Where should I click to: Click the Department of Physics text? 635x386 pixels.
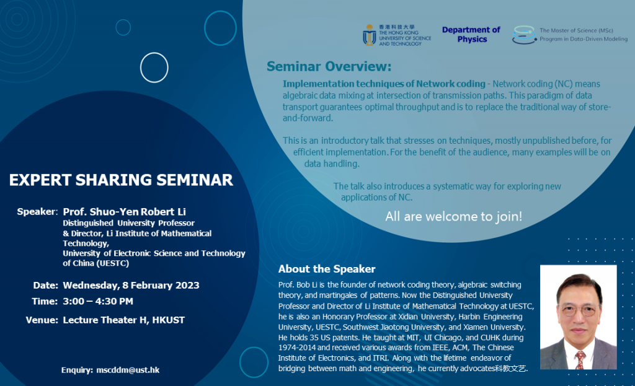pos(471,35)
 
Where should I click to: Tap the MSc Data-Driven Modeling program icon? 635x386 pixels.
pos(524,35)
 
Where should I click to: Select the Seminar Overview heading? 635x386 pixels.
pos(329,66)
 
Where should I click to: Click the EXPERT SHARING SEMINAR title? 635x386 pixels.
pos(121,180)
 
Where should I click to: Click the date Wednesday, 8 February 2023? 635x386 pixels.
pos(131,286)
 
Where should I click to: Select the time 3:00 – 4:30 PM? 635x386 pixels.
pos(98,302)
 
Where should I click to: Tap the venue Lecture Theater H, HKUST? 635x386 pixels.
pos(123,320)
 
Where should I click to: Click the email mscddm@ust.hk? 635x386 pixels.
pos(128,370)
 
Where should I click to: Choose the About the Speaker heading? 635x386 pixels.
pos(327,269)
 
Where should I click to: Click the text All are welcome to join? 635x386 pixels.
pos(453,217)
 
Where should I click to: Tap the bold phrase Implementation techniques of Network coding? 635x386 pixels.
pos(384,84)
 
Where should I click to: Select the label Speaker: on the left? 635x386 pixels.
pos(37,212)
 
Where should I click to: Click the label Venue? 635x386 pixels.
pos(42,320)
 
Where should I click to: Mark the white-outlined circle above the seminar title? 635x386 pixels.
pos(154,68)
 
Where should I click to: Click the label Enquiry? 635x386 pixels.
pos(77,370)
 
